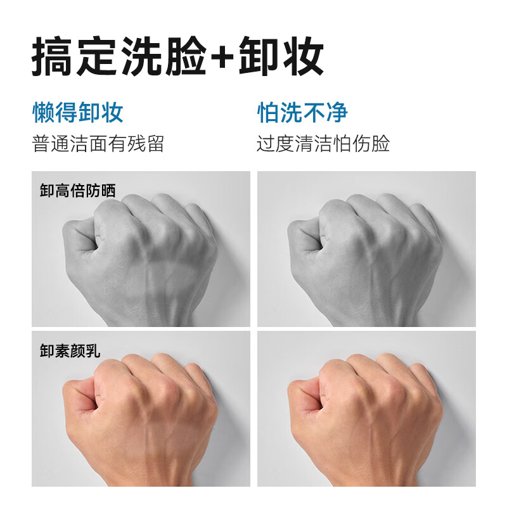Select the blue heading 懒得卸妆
pyautogui.click(x=78, y=113)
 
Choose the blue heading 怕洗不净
pyautogui.click(x=302, y=113)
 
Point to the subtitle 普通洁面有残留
pyautogui.click(x=98, y=144)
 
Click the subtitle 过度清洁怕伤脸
pyautogui.click(x=323, y=144)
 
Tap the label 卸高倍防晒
pyautogui.click(x=78, y=190)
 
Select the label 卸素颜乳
pyautogui.click(x=70, y=350)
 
